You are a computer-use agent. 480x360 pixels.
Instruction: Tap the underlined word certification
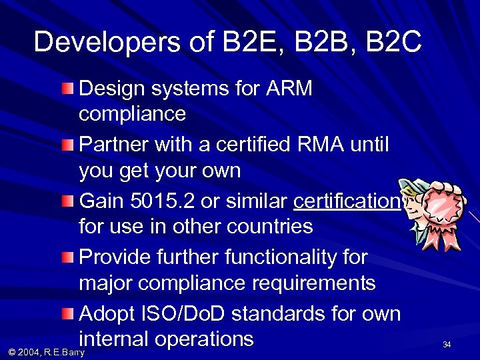[346, 201]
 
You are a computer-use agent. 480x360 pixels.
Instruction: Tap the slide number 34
[447, 345]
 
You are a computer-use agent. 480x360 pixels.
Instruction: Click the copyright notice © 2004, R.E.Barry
[45, 351]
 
